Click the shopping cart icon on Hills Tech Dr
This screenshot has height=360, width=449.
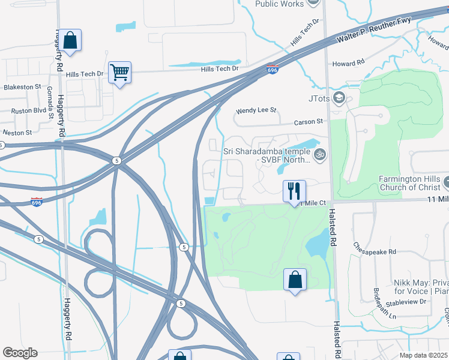pos(119,73)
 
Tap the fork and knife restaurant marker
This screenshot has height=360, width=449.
pos(294,191)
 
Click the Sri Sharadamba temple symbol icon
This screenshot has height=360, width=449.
pos(320,155)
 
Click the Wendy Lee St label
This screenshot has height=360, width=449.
pos(256,110)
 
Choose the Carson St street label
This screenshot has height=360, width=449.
pos(309,122)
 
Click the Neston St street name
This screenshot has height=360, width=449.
pos(17,132)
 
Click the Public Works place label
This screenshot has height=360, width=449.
pos(279,4)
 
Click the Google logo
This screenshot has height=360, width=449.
pos(20,353)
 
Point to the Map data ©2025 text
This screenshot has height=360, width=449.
pos(423,355)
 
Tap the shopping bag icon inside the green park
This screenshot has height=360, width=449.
pos(295,280)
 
